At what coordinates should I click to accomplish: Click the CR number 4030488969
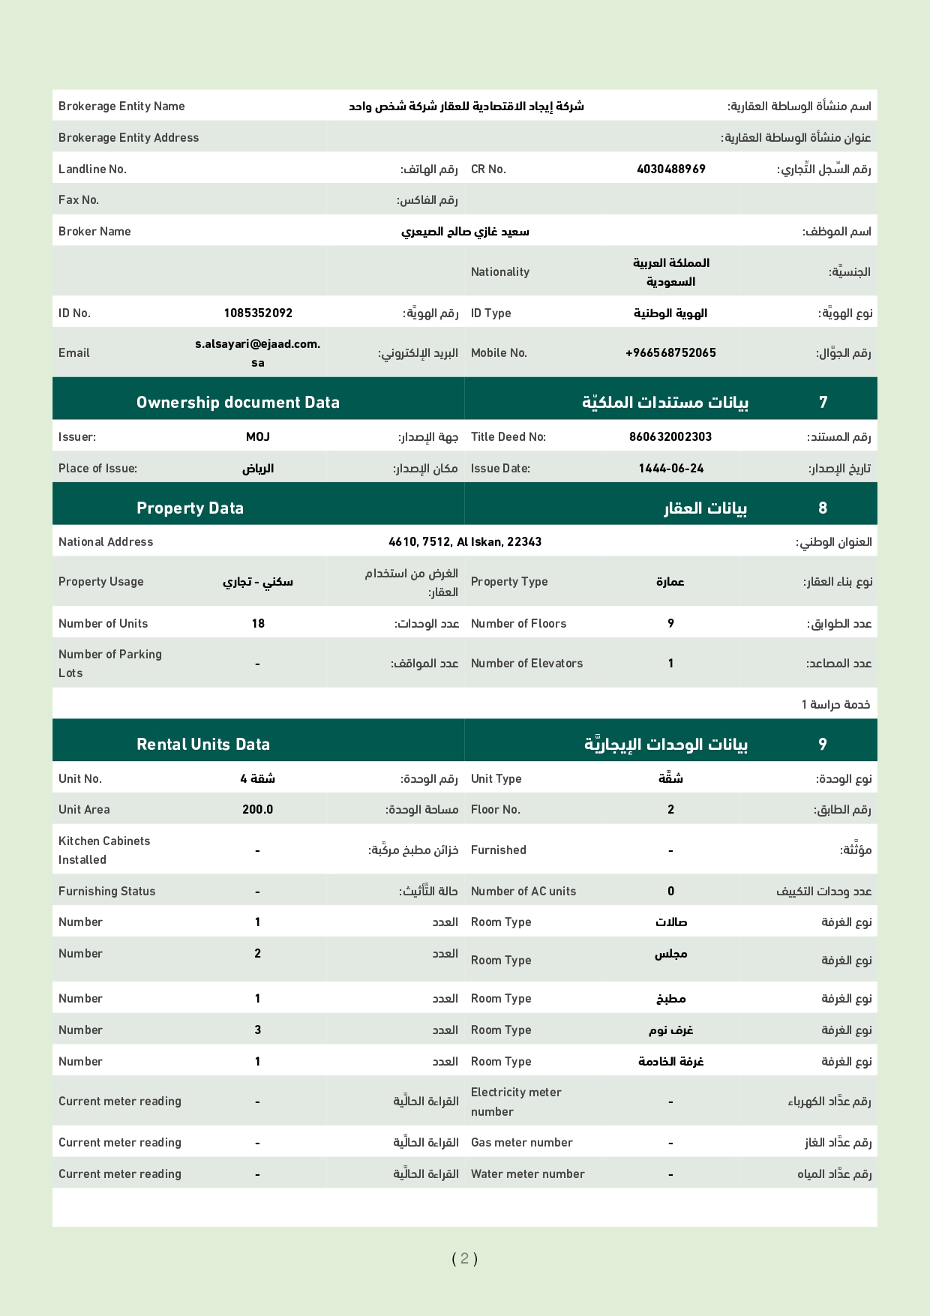(x=670, y=169)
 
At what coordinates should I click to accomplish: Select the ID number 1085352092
(x=258, y=313)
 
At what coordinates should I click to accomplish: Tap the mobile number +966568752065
(x=670, y=352)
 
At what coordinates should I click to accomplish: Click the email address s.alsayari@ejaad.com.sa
(x=257, y=352)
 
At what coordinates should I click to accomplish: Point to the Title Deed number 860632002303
(x=670, y=436)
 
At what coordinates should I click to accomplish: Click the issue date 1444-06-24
(x=670, y=468)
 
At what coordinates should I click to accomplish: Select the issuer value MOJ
(x=257, y=436)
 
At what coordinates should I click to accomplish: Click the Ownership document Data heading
(x=238, y=402)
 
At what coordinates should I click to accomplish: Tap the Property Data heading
(x=190, y=508)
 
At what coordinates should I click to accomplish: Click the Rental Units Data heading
(x=202, y=744)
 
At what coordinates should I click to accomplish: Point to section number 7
(x=823, y=402)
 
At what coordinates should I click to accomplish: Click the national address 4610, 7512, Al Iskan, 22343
(x=465, y=541)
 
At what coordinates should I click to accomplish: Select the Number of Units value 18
(x=258, y=623)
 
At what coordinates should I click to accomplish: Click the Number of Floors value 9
(x=670, y=623)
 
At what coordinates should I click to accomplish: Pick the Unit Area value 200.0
(x=257, y=809)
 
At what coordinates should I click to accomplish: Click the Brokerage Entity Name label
(x=121, y=106)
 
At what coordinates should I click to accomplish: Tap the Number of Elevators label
(x=526, y=663)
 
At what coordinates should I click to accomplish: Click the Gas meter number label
(x=521, y=1142)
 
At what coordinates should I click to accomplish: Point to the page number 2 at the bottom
(x=464, y=1258)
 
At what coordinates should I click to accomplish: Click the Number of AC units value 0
(x=670, y=891)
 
